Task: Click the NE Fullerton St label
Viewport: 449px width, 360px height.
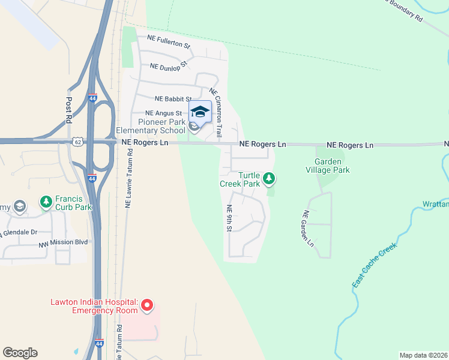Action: [169, 45]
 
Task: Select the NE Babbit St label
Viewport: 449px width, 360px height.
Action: [173, 98]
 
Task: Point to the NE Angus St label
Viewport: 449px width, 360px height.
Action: [164, 113]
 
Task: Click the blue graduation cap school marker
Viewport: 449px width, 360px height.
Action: [200, 112]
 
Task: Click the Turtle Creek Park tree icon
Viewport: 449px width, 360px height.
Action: [270, 178]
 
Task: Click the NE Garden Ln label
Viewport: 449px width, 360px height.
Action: [308, 229]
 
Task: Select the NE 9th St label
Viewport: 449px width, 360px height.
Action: [229, 219]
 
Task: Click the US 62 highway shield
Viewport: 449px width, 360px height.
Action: [78, 142]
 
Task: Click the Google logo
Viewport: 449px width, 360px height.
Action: [20, 353]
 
